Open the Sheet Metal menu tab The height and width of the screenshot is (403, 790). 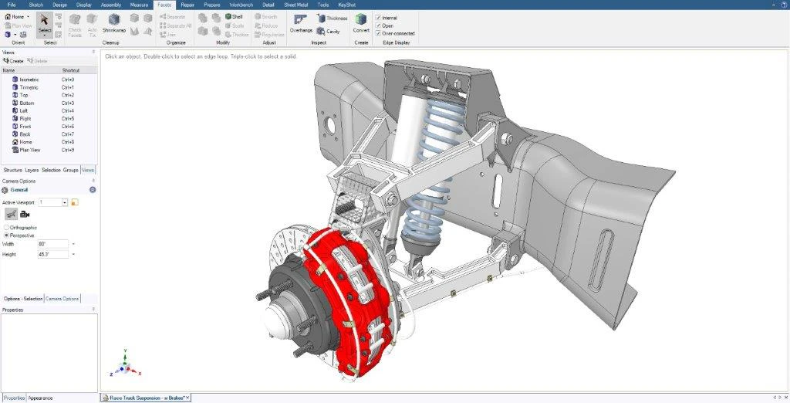click(295, 5)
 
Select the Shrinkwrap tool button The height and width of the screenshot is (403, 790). click(114, 22)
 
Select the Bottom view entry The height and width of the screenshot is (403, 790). click(26, 103)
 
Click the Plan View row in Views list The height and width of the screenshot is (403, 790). click(29, 150)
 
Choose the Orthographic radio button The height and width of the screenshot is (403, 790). click(8, 228)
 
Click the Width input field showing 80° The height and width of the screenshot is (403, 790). click(52, 244)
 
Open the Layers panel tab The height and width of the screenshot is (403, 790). click(32, 170)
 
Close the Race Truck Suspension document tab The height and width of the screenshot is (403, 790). click(187, 398)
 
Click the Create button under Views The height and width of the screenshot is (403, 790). click(13, 61)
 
